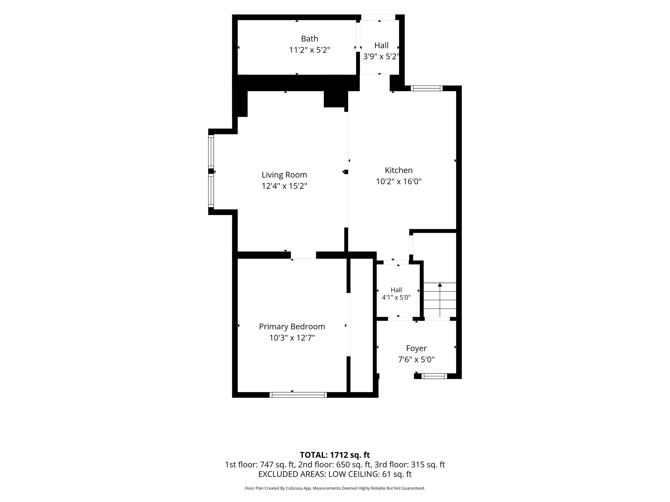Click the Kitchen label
[x=399, y=170]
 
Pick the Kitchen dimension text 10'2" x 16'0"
[x=399, y=181]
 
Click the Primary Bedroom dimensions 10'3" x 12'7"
[x=292, y=338]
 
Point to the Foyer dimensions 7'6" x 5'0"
[x=416, y=359]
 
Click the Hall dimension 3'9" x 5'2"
[x=381, y=57]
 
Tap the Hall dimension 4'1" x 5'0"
[x=396, y=297]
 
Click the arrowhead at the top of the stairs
[x=440, y=285]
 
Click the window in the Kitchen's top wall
[x=426, y=88]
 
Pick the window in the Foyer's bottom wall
[x=434, y=376]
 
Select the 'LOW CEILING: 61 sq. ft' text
[x=370, y=474]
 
